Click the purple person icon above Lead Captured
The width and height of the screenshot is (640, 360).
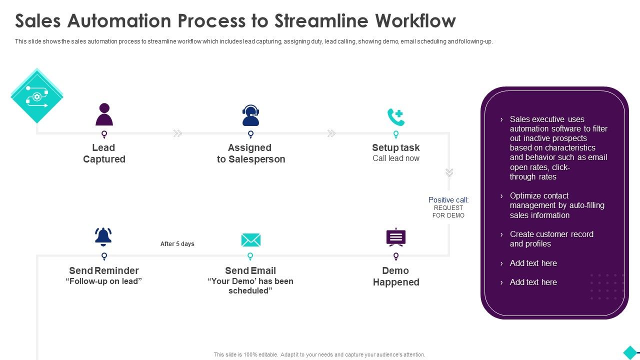tap(104, 114)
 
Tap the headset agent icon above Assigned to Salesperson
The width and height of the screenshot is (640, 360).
tap(250, 115)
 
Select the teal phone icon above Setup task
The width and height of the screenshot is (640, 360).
tap(396, 117)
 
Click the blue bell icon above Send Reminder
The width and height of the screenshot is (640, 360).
tap(103, 236)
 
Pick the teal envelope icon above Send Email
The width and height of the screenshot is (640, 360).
tap(250, 240)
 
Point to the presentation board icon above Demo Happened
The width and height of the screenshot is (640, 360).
tap(396, 237)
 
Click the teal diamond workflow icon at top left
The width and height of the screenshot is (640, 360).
tap(37, 96)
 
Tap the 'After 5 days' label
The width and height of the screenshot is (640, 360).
tap(177, 244)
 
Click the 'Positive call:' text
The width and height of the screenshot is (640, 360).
tap(448, 200)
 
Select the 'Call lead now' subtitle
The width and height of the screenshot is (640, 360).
tap(396, 158)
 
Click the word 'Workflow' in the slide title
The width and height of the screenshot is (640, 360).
tap(415, 21)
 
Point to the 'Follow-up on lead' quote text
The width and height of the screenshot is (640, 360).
tap(104, 281)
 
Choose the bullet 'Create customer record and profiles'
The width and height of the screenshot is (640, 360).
tap(551, 239)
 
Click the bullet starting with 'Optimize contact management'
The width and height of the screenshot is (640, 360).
tap(557, 205)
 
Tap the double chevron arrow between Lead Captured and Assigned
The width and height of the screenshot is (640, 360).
tap(177, 133)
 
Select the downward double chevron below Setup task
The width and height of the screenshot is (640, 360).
tap(449, 172)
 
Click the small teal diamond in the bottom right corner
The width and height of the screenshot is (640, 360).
tap(630, 352)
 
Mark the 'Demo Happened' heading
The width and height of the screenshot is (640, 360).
tap(396, 276)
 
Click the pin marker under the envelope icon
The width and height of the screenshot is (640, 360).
tap(250, 256)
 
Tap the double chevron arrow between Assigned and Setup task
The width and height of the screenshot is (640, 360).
tap(331, 133)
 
